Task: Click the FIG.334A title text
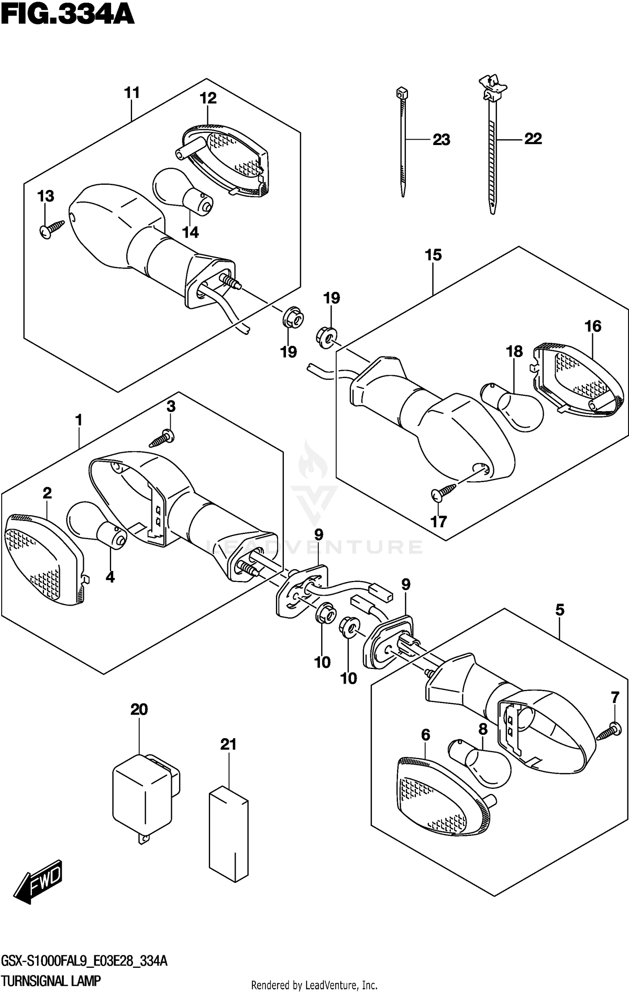point(67,16)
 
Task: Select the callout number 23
point(441,140)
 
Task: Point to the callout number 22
point(533,138)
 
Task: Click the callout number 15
point(433,255)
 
